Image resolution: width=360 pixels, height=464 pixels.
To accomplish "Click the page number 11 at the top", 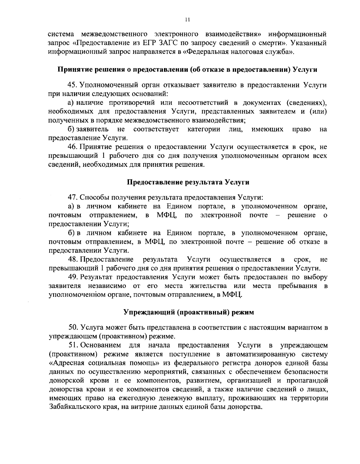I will point(187,20).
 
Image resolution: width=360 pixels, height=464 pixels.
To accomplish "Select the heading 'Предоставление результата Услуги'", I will point(188,182).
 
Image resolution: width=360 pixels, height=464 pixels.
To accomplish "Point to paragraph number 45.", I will point(73,85).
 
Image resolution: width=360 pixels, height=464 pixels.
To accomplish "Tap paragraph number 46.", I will point(73,147).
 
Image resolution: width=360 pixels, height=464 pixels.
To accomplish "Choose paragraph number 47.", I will point(73,197).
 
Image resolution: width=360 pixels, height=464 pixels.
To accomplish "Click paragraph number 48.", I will point(73,259).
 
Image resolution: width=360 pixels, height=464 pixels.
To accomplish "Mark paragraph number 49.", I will point(73,277).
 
